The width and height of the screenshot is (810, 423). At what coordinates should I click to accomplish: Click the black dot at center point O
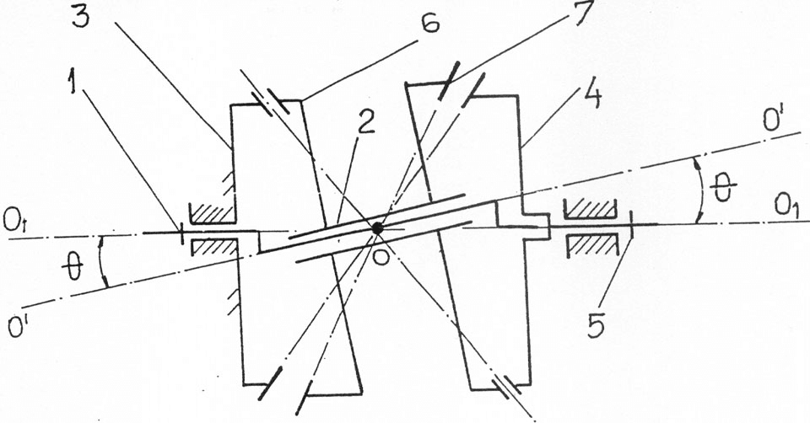click(x=378, y=228)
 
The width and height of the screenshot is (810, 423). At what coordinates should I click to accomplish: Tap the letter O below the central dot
click(x=381, y=256)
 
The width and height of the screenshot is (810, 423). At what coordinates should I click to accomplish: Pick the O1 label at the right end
click(x=786, y=206)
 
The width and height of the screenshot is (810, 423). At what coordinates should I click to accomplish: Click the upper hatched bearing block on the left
click(x=213, y=212)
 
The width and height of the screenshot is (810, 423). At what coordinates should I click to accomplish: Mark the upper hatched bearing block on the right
click(x=591, y=208)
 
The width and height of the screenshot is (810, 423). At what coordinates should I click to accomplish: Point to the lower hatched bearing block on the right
click(x=592, y=245)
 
